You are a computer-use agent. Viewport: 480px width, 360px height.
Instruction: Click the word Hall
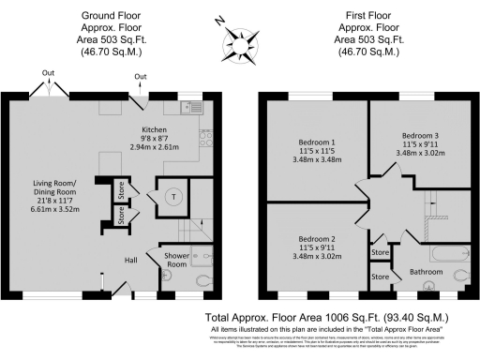(x=133, y=260)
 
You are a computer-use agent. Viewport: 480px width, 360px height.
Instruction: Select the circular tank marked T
(x=175, y=196)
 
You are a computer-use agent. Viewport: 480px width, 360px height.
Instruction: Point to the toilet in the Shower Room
(x=203, y=279)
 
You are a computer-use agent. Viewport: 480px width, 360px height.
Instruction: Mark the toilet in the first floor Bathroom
(x=458, y=276)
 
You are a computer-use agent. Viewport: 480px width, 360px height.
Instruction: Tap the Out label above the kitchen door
(x=141, y=76)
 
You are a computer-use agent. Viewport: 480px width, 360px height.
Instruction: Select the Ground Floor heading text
(x=112, y=16)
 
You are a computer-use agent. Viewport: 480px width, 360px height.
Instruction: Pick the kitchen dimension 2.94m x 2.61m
(x=155, y=148)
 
